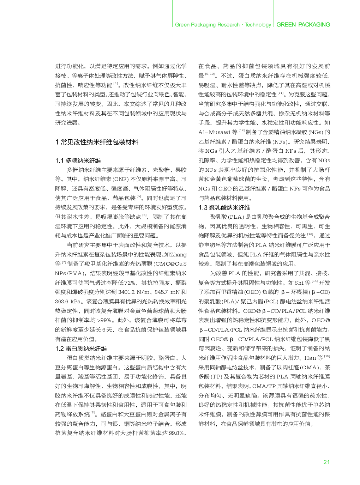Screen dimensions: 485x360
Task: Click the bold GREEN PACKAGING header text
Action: [303, 25]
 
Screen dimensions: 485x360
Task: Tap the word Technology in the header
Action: [258, 25]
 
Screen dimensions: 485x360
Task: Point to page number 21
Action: [326, 462]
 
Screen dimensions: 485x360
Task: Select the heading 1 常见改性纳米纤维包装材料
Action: [97, 142]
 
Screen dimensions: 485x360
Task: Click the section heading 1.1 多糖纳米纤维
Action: [78, 160]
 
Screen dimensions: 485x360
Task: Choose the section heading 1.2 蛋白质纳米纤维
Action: [81, 348]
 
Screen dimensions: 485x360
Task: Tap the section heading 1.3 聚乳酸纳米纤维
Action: [224, 207]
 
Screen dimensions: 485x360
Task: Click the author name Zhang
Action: [178, 254]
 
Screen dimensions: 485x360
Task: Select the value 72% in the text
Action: [130, 283]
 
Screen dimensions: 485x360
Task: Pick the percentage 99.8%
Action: [176, 433]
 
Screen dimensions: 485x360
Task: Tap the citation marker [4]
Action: [115, 84]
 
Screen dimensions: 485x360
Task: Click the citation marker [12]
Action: [241, 131]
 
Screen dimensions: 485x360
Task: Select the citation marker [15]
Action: [327, 356]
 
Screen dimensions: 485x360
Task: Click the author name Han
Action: [310, 358]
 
